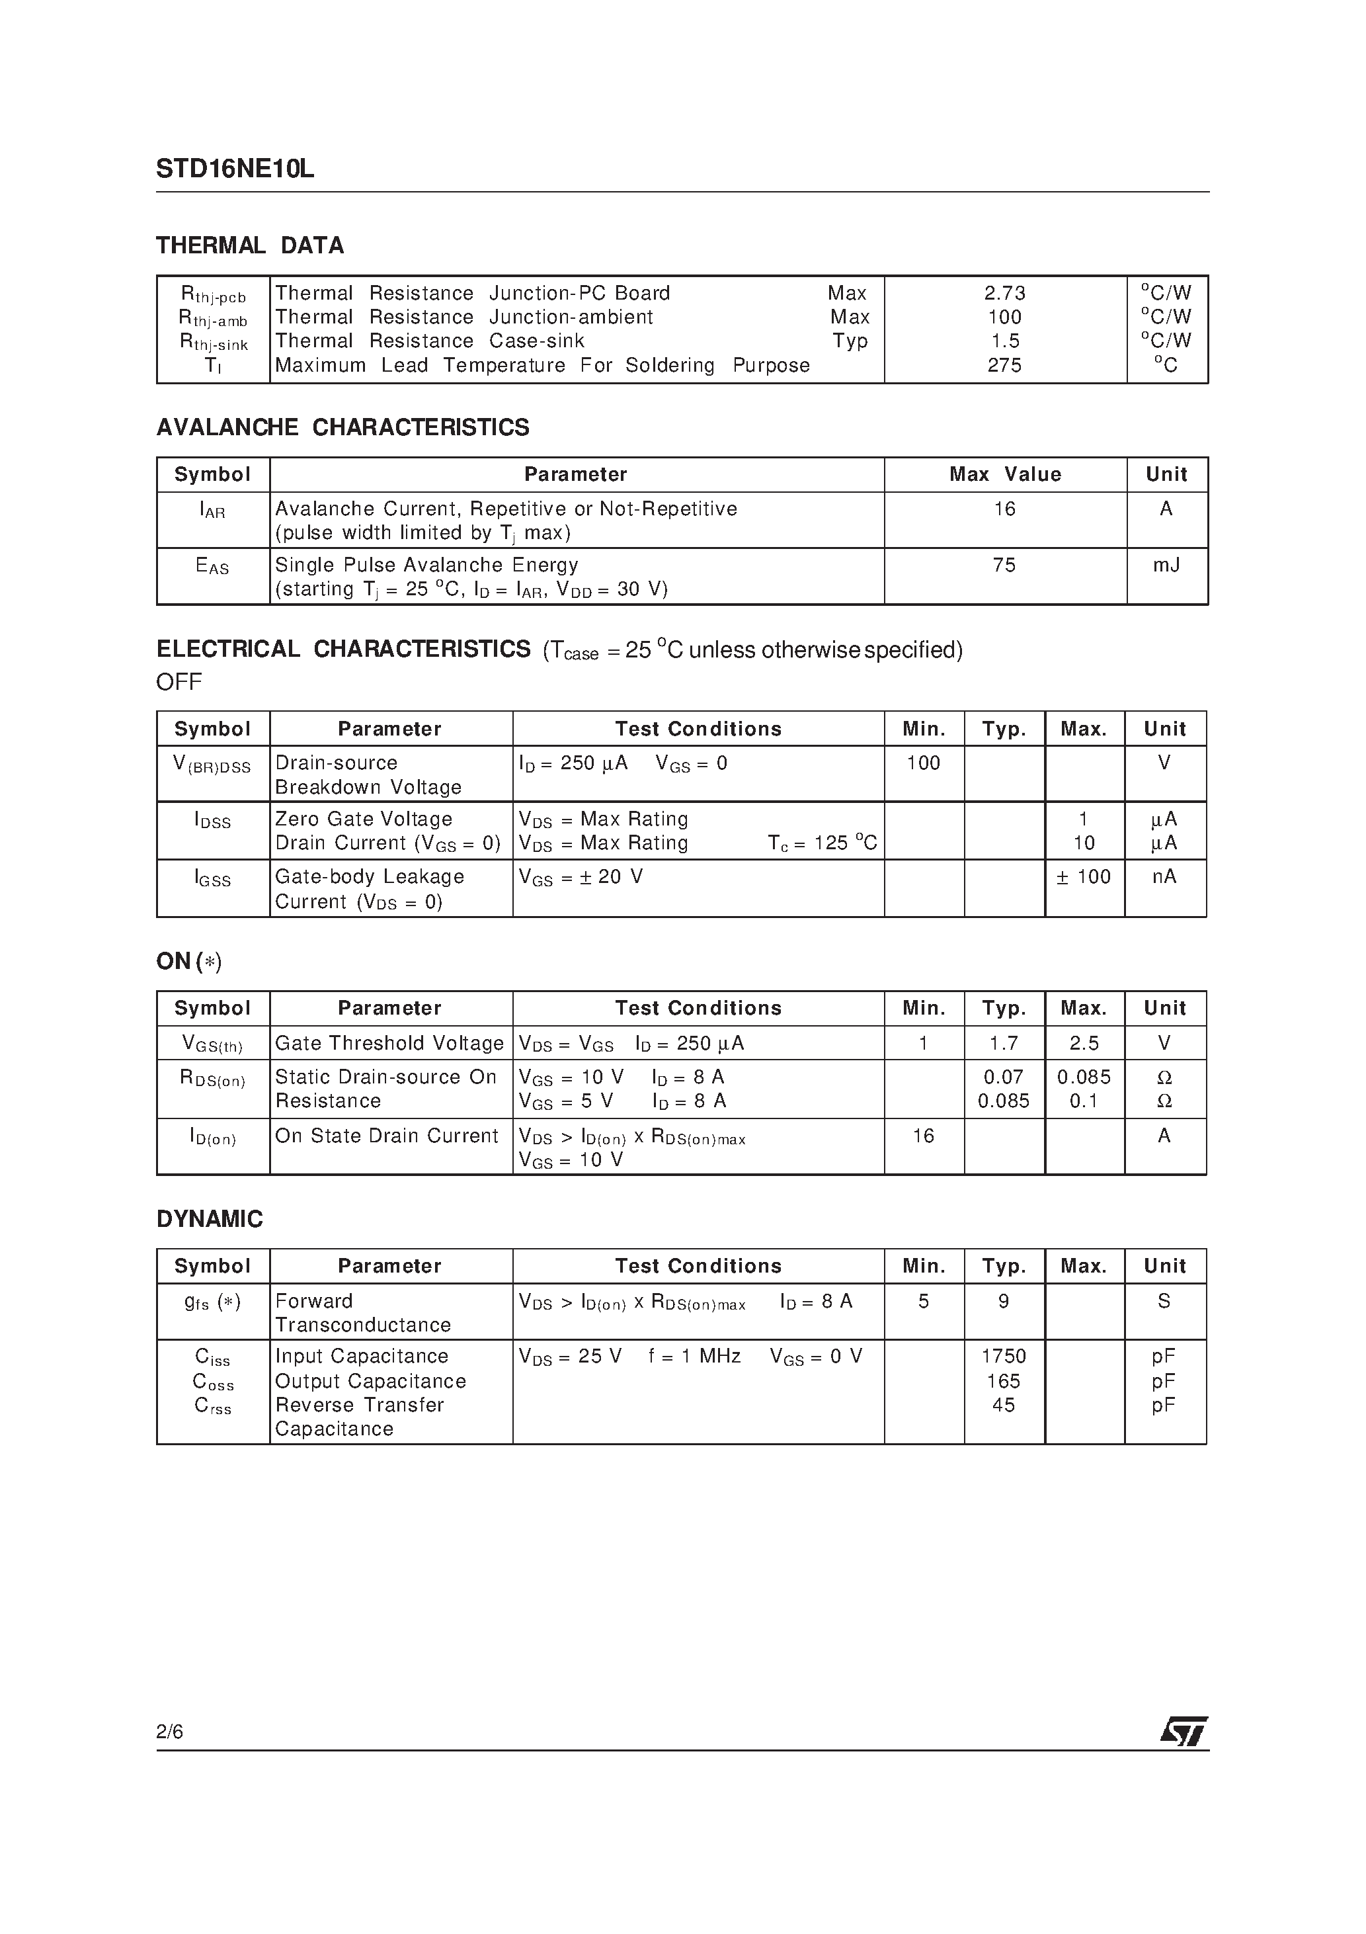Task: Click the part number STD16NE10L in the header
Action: point(235,169)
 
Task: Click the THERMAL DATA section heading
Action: point(250,246)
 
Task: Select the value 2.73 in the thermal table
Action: point(1005,293)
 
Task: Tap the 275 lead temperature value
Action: point(1005,366)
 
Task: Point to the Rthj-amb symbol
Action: point(213,318)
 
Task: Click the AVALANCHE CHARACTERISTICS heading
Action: point(342,428)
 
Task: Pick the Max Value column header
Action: point(1005,475)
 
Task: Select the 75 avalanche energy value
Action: point(1005,566)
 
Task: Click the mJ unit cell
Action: point(1166,566)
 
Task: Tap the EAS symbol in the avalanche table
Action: point(212,567)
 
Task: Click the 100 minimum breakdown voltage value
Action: point(924,763)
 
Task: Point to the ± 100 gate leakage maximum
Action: point(1084,877)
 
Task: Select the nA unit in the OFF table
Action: point(1165,877)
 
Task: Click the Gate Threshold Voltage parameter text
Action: point(389,1044)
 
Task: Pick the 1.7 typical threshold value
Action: point(1004,1044)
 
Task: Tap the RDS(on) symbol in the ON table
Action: point(213,1078)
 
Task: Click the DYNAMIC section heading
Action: point(210,1220)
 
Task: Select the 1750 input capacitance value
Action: point(1004,1356)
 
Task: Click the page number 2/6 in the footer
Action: point(169,1732)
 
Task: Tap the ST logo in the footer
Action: point(1184,1732)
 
